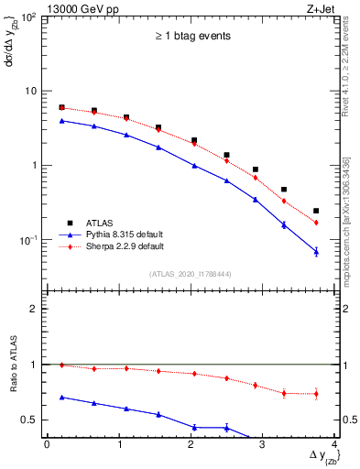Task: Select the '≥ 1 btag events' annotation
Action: pos(191,36)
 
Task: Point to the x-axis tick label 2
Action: pos(191,444)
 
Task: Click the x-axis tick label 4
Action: pos(334,444)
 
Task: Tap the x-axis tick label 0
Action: pos(47,444)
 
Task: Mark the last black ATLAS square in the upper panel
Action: pos(316,211)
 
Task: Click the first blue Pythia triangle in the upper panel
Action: pos(61,120)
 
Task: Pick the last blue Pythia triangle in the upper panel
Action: pos(316,251)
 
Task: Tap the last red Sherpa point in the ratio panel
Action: pos(316,394)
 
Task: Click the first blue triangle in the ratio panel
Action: pos(61,398)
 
